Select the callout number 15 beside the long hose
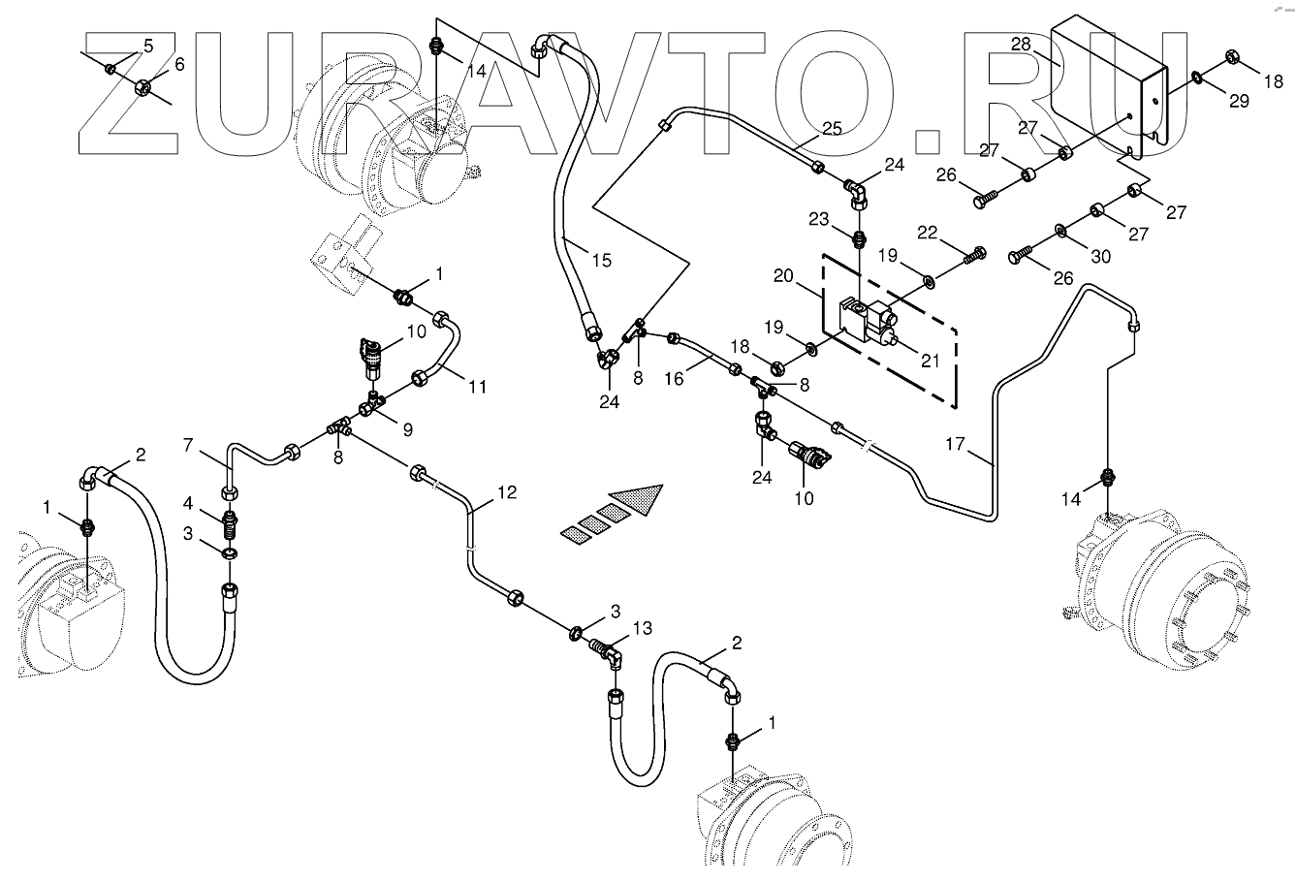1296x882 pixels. (x=602, y=260)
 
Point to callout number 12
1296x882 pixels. (x=507, y=492)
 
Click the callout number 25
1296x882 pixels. (x=832, y=127)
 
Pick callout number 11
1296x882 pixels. (x=476, y=388)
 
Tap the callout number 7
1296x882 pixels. (x=190, y=444)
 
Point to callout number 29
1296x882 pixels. (x=1240, y=101)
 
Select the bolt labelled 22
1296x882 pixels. (x=976, y=254)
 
